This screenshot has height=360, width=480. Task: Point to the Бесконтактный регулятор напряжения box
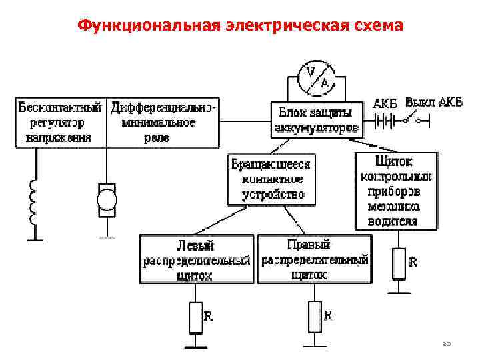click(61, 122)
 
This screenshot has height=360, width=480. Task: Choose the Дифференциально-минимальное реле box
click(163, 122)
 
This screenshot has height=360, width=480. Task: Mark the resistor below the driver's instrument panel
click(399, 263)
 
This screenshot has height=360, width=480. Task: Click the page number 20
click(447, 344)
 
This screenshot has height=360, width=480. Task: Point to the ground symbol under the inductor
click(31, 238)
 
